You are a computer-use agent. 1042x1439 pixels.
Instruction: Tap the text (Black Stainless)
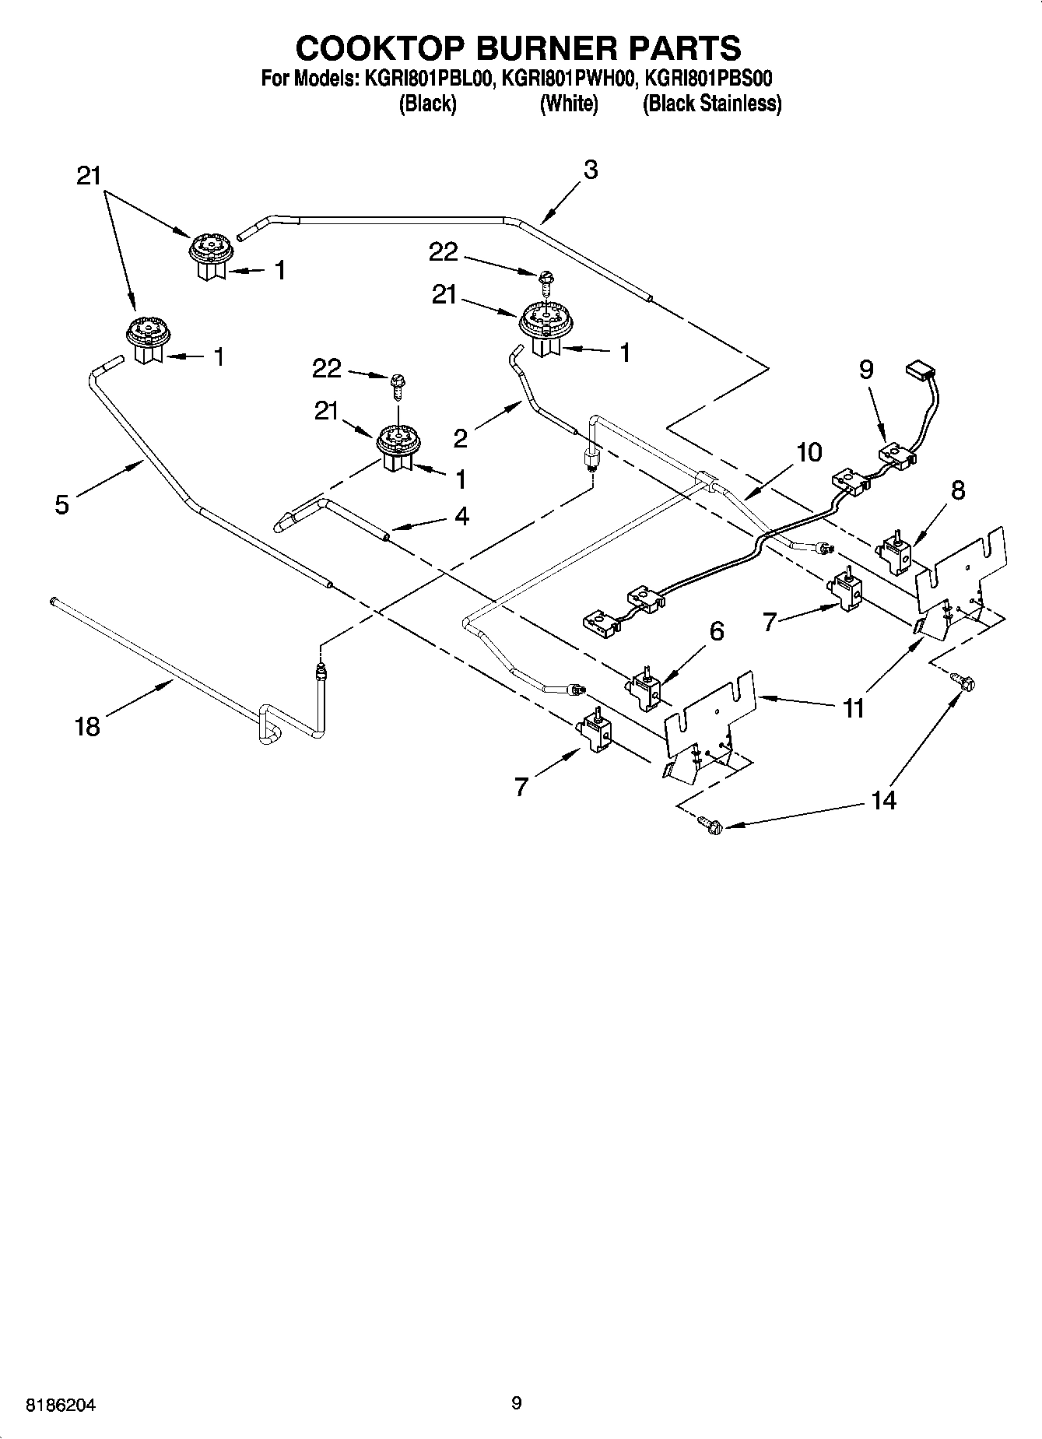coord(711,104)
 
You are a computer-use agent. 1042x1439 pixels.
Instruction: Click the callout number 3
coord(591,170)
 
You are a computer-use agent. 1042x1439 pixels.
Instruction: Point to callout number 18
coord(87,727)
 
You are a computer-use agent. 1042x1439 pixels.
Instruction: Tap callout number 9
coord(867,370)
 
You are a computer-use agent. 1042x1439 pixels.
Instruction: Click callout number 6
coord(717,631)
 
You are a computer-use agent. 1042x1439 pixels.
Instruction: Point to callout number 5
coord(62,504)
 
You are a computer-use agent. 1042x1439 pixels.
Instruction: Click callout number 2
coord(461,438)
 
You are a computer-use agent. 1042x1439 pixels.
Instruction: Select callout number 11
coord(854,707)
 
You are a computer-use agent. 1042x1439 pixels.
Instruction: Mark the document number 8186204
coord(61,1406)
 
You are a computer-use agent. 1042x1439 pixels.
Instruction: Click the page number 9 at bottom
coord(516,1403)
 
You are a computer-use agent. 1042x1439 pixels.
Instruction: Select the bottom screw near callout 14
coord(709,825)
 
